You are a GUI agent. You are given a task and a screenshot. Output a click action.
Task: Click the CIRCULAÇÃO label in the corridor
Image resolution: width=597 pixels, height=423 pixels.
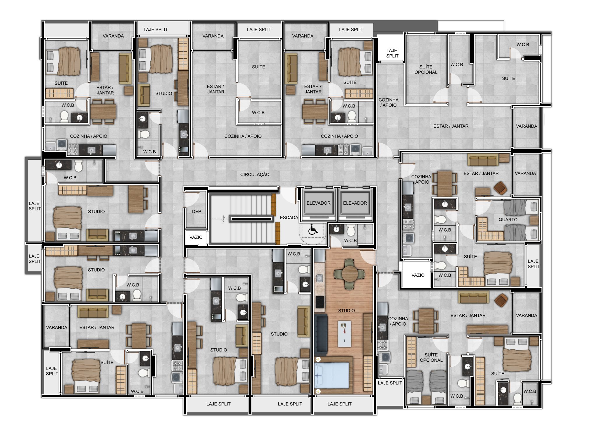point(255,175)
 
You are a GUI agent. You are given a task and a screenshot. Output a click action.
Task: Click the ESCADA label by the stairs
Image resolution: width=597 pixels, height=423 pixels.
point(289,218)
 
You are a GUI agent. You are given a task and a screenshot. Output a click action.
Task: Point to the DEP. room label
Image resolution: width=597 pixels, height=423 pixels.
point(197,212)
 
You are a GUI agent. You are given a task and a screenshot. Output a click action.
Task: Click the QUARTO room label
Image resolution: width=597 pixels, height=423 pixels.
point(508,220)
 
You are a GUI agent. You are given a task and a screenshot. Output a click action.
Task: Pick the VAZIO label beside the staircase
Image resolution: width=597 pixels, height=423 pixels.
point(196,237)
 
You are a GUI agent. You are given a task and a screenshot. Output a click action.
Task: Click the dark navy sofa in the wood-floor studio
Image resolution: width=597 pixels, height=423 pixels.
point(321,334)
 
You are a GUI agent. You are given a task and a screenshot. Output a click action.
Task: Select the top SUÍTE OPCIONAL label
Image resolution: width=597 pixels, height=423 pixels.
point(426,69)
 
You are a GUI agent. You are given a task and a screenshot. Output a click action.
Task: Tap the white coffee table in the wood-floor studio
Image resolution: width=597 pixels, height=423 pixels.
point(344,334)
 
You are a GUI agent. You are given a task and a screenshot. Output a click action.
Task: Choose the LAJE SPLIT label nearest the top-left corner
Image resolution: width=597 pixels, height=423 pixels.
point(155,29)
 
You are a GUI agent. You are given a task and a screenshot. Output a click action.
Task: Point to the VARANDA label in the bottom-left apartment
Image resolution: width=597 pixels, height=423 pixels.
point(57,328)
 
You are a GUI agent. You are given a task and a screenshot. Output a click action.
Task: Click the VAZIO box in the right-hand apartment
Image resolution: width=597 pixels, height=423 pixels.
point(418,275)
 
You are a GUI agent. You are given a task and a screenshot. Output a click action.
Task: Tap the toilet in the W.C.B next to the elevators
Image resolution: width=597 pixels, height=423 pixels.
point(351,231)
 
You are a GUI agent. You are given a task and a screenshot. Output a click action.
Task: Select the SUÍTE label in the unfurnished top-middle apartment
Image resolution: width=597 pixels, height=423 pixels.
point(259,67)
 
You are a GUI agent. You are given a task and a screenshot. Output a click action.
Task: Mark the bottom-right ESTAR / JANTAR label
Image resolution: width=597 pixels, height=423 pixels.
point(468,316)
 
